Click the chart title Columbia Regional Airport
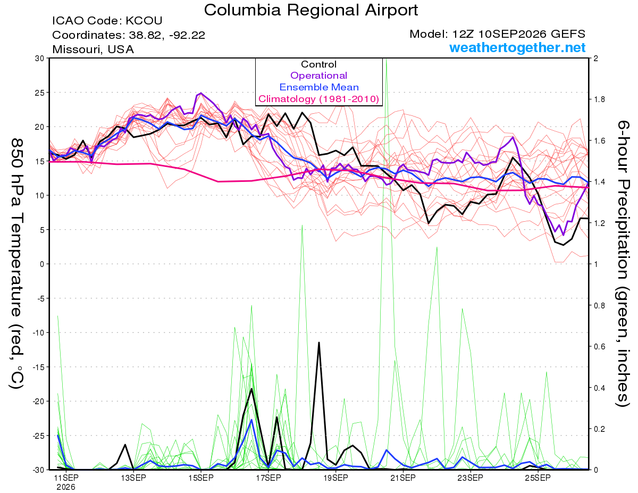(311, 10)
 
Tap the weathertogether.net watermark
(517, 48)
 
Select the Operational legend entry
(319, 76)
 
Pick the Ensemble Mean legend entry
(319, 87)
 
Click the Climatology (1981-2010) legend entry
(319, 99)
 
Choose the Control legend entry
(319, 64)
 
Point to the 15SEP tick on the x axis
(201, 478)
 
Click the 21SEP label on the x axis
(403, 478)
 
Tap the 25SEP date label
(538, 478)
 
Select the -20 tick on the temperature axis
(38, 402)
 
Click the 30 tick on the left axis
(40, 59)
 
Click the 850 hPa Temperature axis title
(16, 264)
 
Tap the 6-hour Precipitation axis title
(623, 264)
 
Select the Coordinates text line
(129, 35)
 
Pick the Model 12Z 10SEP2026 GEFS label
(497, 34)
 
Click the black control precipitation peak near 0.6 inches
(319, 342)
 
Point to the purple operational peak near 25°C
(201, 93)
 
